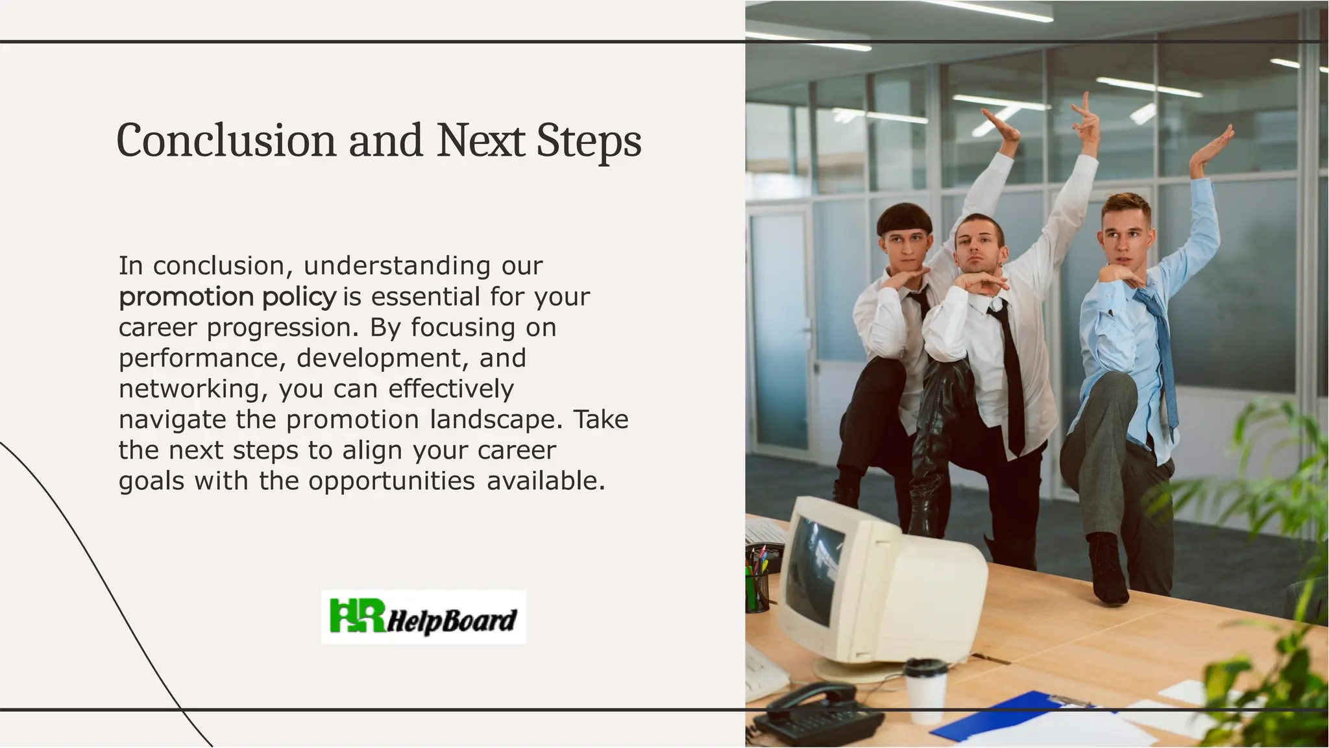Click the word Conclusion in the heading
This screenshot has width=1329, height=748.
coord(225,140)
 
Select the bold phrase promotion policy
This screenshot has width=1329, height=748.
coord(228,297)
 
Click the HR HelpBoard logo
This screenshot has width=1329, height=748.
coord(423,616)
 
